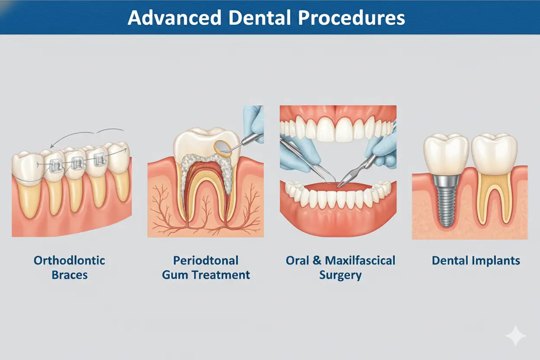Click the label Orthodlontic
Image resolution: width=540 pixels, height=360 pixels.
click(69, 260)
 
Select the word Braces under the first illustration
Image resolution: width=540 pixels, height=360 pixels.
click(69, 275)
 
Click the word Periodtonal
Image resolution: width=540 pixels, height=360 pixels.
click(206, 260)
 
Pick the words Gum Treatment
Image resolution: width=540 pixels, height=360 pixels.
click(206, 275)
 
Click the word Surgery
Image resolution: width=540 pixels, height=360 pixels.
click(340, 275)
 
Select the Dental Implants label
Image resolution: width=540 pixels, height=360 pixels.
click(476, 260)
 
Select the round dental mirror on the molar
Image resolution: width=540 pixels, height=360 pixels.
click(222, 147)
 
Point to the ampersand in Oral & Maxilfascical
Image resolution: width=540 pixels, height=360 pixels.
click(315, 260)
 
